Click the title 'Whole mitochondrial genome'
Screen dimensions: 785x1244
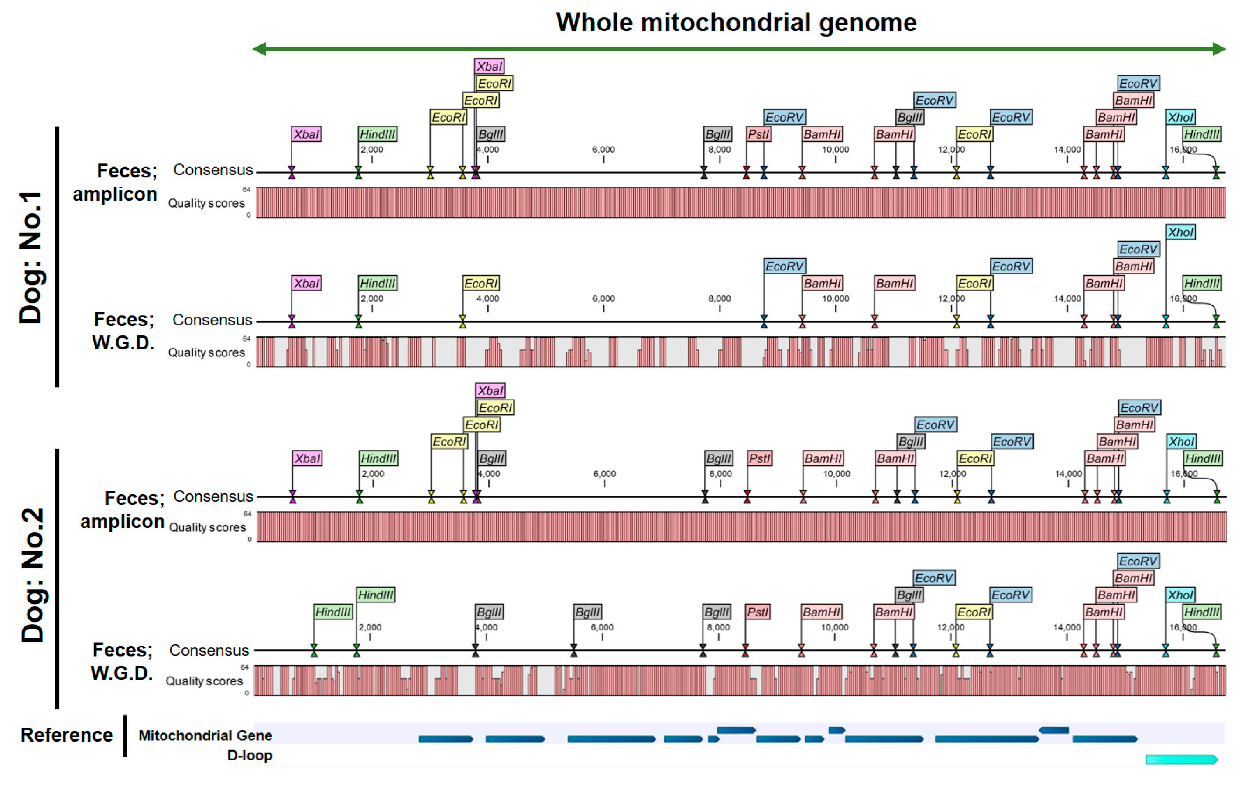[x=736, y=23]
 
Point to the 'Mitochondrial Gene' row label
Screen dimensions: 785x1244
[x=205, y=735]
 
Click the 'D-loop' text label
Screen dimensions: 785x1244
[x=249, y=756]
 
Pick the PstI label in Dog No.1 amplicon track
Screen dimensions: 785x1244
[x=758, y=134]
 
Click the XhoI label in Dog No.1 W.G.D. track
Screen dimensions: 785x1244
[x=1180, y=232]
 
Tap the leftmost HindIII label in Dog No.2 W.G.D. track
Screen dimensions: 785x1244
[x=333, y=612]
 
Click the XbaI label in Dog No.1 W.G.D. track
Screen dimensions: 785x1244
[x=306, y=283]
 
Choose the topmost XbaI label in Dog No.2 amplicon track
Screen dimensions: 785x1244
[x=490, y=391]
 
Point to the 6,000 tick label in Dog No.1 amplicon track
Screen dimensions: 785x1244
[x=603, y=150]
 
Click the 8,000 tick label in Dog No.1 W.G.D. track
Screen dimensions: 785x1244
[x=719, y=299]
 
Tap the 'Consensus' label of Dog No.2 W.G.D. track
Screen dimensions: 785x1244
[x=209, y=650]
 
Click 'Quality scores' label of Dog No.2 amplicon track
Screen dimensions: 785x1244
[x=207, y=527]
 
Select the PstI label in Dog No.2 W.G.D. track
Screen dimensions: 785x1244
[x=757, y=612]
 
